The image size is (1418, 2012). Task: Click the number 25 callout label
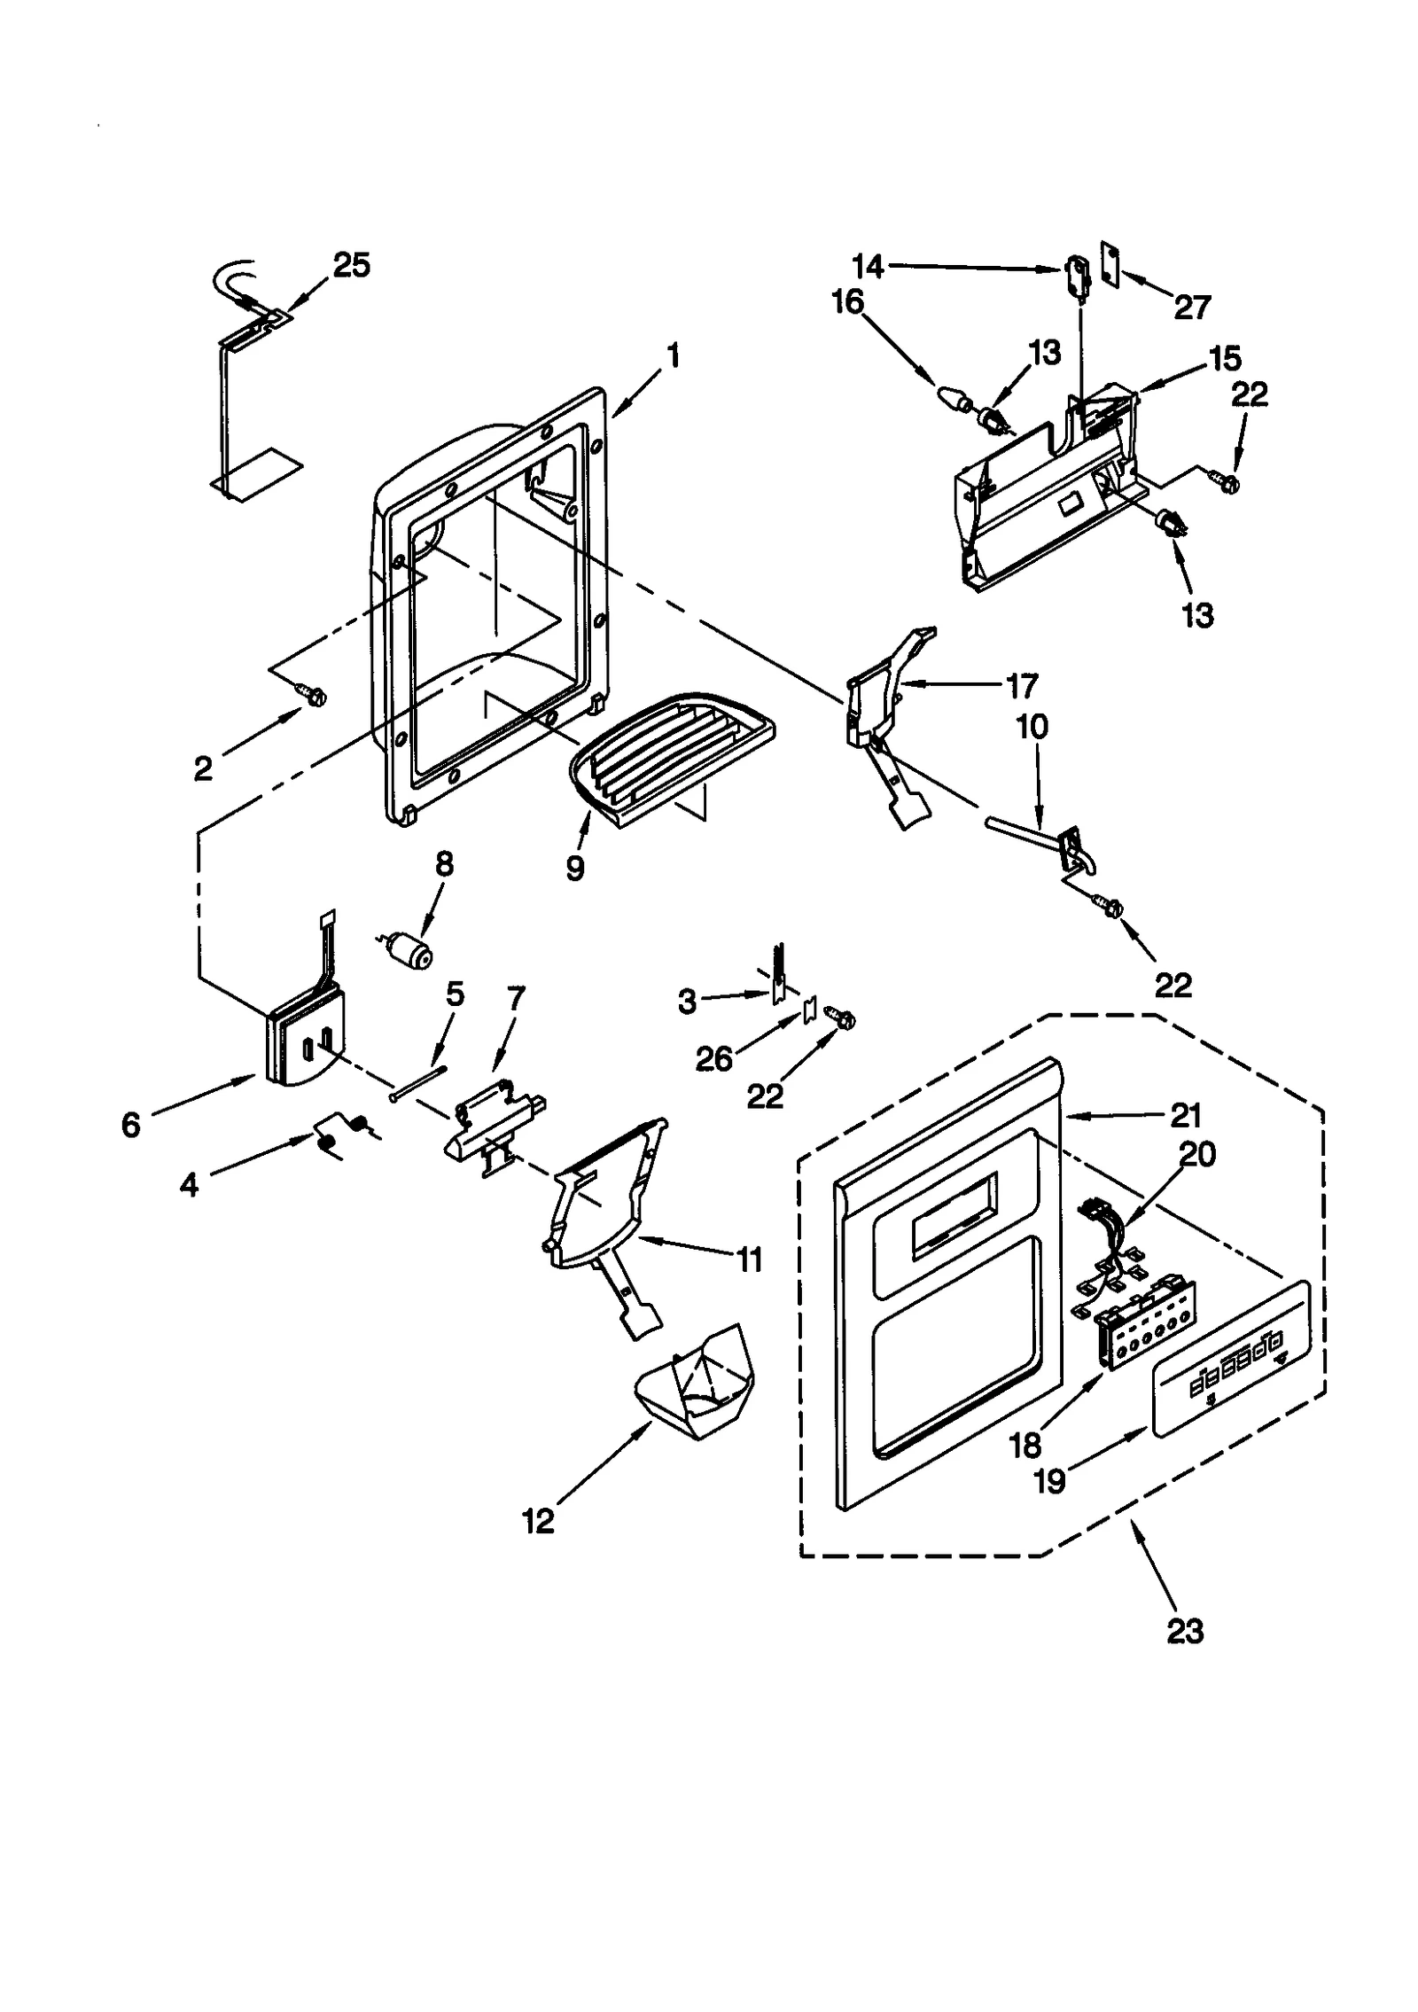point(352,265)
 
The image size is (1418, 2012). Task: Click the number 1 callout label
point(674,356)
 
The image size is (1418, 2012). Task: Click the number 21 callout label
point(1186,1115)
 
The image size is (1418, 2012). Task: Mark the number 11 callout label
point(750,1259)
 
